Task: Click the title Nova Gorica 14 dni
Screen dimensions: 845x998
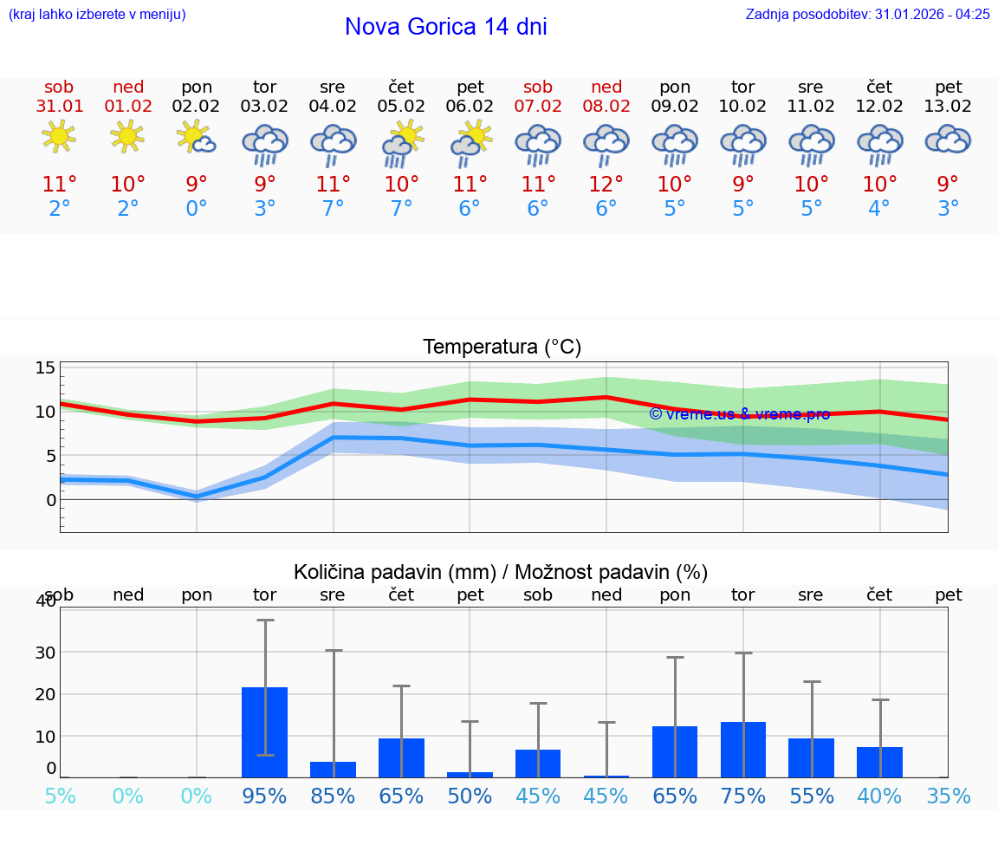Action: coord(445,27)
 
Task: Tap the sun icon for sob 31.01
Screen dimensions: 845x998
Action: coord(59,136)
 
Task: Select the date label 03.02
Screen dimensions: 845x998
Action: coord(264,107)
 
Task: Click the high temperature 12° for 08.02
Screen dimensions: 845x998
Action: coord(606,184)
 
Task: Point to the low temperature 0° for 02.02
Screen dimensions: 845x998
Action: coord(197,209)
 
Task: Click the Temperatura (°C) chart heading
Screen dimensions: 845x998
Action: coord(502,348)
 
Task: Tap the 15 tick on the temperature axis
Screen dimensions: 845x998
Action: coord(45,367)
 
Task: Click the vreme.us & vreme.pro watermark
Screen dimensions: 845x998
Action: coord(739,413)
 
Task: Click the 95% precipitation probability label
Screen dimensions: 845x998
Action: coord(264,796)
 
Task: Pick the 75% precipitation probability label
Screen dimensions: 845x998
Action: coord(743,796)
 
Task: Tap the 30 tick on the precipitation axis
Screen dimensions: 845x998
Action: coord(44,653)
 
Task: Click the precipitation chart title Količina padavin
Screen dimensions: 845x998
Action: coord(501,572)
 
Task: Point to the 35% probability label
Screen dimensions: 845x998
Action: coord(948,796)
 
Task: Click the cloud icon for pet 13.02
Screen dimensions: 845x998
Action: coord(948,139)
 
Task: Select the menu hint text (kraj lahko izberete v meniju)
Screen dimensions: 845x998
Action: coord(97,14)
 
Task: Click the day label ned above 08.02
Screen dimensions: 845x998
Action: coord(606,87)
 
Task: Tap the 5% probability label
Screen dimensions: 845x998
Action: coord(60,796)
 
